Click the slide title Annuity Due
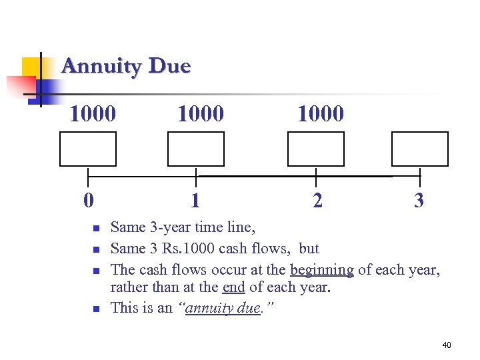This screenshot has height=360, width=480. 126,67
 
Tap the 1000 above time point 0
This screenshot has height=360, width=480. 93,113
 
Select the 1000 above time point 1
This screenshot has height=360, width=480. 201,113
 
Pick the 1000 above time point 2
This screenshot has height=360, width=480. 321,113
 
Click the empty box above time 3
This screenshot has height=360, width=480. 420,149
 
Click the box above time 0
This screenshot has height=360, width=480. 88,149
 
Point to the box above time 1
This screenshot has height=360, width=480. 196,149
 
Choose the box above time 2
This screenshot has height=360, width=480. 316,149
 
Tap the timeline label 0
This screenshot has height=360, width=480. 88,200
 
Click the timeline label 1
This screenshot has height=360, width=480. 195,200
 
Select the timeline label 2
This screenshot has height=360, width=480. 317,200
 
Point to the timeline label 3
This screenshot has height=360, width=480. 419,200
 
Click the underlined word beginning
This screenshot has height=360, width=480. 322,270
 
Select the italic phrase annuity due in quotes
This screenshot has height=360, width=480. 223,308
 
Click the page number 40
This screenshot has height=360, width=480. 446,345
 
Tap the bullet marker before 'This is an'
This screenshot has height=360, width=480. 95,309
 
